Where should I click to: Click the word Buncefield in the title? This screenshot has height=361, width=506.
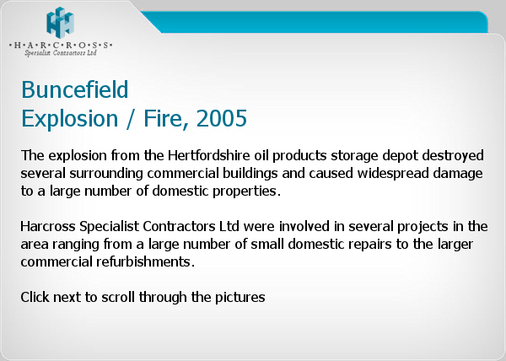pyautogui.click(x=75, y=89)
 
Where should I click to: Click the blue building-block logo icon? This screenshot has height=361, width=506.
pyautogui.click(x=61, y=23)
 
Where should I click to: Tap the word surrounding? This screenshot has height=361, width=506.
pyautogui.click(x=106, y=174)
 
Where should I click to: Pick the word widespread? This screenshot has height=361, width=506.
pyautogui.click(x=393, y=174)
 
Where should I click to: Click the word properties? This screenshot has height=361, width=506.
pyautogui.click(x=246, y=191)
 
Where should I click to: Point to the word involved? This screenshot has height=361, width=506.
pyautogui.click(x=304, y=226)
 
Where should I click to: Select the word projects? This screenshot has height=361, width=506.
pyautogui.click(x=423, y=227)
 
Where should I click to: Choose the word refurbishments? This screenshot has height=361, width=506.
pyautogui.click(x=146, y=261)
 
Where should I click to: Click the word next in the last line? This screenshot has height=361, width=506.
pyautogui.click(x=67, y=298)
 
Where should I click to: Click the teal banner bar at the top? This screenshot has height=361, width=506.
pyautogui.click(x=315, y=22)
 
